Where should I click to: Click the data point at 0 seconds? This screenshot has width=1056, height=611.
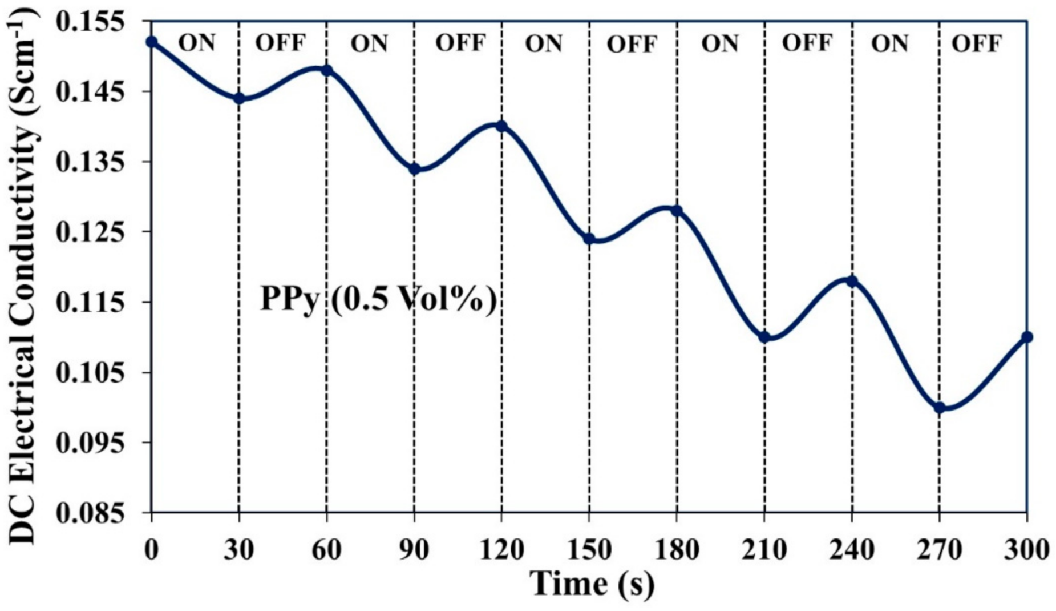tap(151, 42)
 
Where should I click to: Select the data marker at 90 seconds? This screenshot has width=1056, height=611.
tap(414, 169)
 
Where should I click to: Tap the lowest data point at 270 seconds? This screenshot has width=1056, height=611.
tap(939, 408)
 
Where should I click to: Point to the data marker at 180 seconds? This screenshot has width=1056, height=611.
tap(677, 211)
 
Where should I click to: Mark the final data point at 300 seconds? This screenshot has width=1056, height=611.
tap(1027, 337)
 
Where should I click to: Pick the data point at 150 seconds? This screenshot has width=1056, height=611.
tap(589, 239)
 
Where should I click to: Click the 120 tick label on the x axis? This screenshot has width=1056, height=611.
tap(501, 550)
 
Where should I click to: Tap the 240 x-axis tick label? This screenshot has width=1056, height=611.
tap(852, 550)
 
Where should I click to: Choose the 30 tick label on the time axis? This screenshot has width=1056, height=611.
tap(239, 550)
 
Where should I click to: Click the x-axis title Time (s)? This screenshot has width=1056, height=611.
tap(592, 584)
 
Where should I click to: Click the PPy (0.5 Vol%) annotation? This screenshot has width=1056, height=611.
tap(378, 299)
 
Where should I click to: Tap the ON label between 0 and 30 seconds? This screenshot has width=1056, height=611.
tap(197, 43)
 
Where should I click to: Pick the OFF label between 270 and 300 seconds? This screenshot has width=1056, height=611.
tap(976, 43)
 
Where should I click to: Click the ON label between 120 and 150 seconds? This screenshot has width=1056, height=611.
tap(544, 43)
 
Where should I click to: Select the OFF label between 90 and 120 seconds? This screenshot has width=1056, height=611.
tap(460, 43)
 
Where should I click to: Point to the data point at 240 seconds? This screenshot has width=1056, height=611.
tap(852, 281)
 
